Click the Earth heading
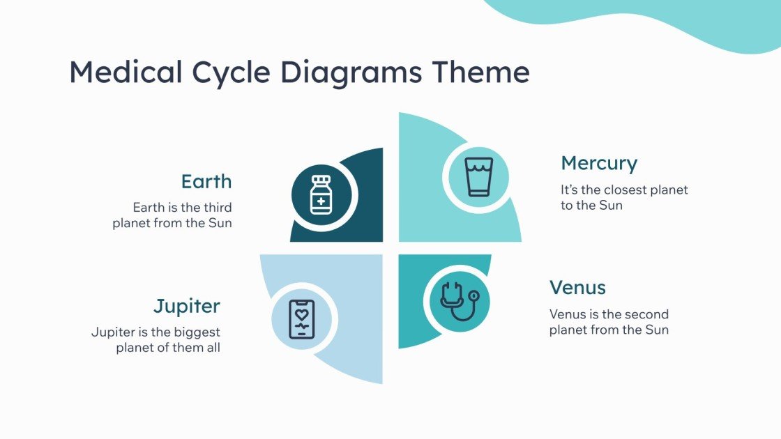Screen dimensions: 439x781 click(206, 182)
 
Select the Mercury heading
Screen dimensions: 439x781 click(599, 164)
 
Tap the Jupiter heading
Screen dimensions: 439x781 click(187, 306)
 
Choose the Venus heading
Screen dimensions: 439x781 click(577, 287)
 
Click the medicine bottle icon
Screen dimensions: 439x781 click(321, 194)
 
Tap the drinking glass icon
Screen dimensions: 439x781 click(479, 176)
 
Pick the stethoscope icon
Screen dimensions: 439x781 click(458, 301)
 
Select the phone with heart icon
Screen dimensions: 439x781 click(302, 320)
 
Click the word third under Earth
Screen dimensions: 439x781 click(218, 208)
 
